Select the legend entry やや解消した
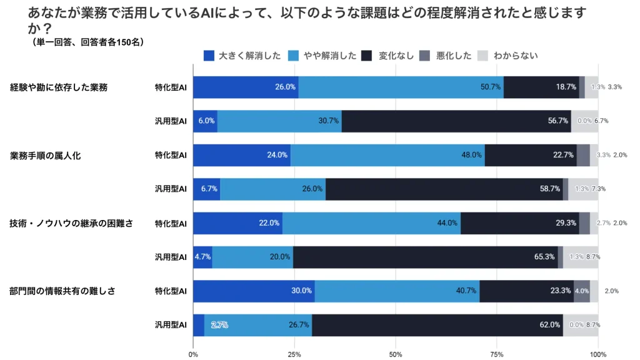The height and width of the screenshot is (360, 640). (323, 56)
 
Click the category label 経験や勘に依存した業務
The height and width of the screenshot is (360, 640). (59, 87)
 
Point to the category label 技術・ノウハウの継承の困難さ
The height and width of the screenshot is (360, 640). (71, 223)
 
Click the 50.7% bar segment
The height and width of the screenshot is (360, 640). (401, 87)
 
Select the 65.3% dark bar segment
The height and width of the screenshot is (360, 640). (425, 257)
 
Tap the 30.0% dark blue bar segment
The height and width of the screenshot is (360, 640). (254, 291)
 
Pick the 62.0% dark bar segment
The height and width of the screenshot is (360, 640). (437, 325)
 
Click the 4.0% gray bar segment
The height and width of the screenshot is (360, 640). (582, 291)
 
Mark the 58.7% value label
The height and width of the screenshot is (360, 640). (548, 189)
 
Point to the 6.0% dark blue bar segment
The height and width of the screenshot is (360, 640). (205, 121)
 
